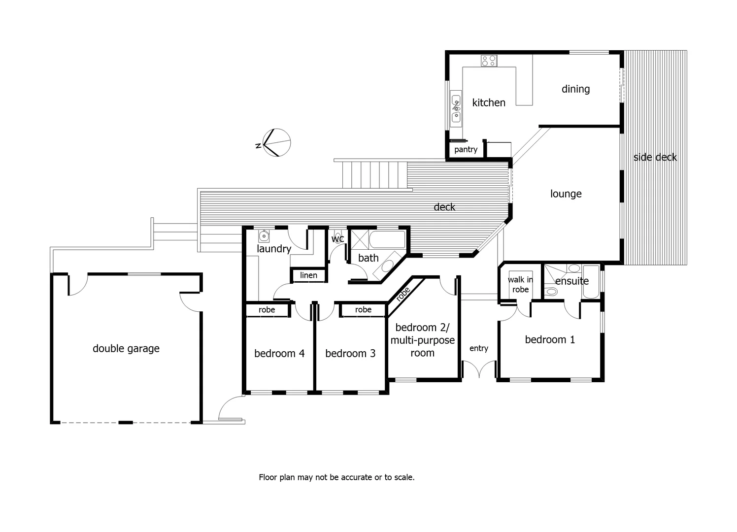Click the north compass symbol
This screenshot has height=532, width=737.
[x=276, y=142]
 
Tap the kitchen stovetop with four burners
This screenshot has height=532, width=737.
[x=489, y=61]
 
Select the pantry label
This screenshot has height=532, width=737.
[x=466, y=149]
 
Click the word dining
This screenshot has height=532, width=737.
[x=575, y=89]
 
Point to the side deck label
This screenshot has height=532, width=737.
[x=655, y=157]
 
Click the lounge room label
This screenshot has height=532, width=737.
[x=566, y=194]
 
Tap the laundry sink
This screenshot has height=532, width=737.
[x=265, y=235]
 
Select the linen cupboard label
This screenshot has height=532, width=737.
[x=309, y=275]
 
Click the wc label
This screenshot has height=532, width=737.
[x=337, y=239]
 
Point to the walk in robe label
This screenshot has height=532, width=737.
[x=520, y=284]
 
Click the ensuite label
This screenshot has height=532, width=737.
[x=571, y=281]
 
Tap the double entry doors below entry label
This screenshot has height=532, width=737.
[x=479, y=369]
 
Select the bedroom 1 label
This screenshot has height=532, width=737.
[x=550, y=339]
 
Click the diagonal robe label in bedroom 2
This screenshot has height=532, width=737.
[x=403, y=294]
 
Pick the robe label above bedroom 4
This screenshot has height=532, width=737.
[x=267, y=310]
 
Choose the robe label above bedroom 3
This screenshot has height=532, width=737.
[x=363, y=310]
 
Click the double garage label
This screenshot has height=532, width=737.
[x=126, y=348]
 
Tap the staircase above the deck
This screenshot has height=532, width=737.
[x=374, y=175]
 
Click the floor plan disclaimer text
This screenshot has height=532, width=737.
[x=336, y=477]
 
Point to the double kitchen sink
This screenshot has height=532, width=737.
[x=456, y=108]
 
